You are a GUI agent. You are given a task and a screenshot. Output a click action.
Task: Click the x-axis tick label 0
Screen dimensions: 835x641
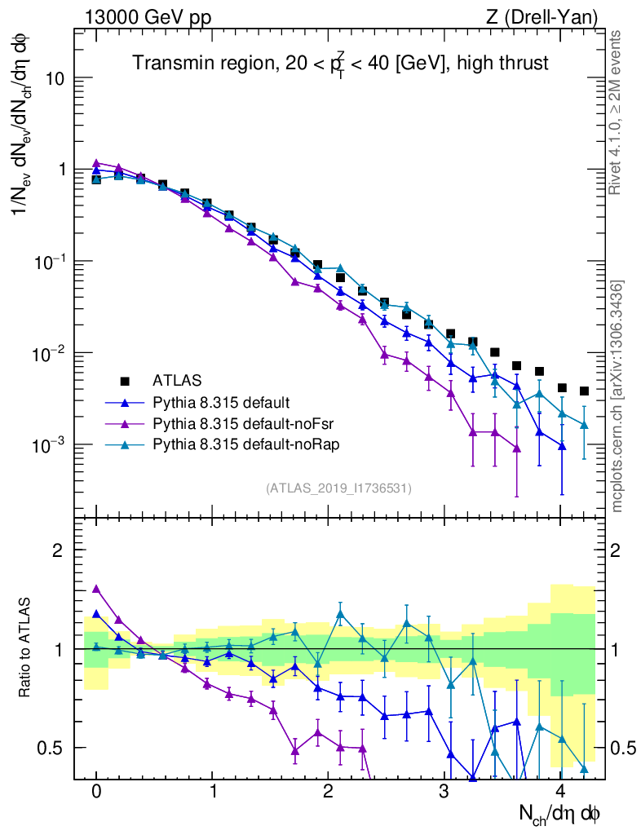point(96,792)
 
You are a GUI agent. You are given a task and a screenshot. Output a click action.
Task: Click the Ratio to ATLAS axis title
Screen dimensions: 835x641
point(26,647)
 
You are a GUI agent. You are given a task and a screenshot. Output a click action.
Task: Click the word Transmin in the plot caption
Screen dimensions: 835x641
point(166,63)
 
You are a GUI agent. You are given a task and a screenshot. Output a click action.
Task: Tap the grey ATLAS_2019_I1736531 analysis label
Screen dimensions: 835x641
point(338,488)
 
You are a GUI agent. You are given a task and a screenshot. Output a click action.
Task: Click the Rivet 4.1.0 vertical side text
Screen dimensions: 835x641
point(616,114)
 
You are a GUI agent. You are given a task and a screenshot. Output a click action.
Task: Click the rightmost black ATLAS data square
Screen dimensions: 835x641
point(584,391)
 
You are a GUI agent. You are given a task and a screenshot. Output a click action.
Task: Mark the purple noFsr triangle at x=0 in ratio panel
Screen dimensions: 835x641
point(97,589)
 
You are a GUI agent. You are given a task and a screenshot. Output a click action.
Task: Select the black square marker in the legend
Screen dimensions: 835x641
point(125,380)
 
